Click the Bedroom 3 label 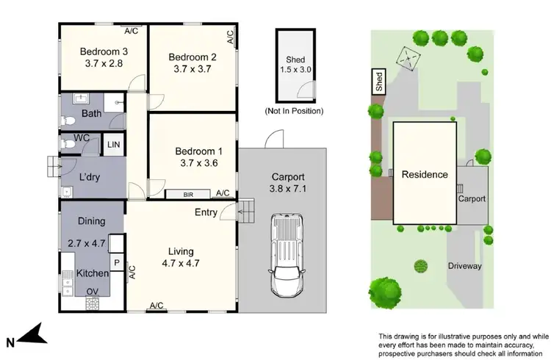104,51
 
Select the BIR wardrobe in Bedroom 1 187,194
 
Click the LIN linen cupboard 113,145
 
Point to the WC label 82,138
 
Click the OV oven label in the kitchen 93,292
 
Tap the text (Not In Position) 294,111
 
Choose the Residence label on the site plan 424,175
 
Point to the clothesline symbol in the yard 406,57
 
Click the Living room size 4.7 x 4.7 181,262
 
